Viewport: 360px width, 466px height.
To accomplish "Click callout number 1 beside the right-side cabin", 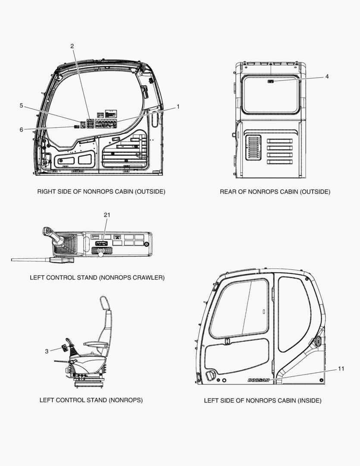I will pos(178,107).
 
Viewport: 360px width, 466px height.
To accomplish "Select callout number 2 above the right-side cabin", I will pos(72,46).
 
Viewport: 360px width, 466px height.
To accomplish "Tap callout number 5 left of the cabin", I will pos(21,105).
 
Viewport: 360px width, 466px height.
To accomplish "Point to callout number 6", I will pos(21,129).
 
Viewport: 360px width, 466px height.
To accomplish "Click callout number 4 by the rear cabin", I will pos(327,76).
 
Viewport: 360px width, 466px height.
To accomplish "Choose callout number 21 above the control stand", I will pos(107,215).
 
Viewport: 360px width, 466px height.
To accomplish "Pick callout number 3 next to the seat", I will pos(47,351).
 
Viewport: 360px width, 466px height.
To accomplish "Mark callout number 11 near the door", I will pos(341,368).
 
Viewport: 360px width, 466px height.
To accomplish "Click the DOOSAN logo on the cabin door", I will pos(258,380).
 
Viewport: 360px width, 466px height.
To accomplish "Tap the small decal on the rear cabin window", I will pos(271,81).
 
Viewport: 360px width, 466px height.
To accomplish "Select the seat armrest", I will pos(95,344).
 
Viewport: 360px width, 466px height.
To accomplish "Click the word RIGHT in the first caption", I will pos(47,191).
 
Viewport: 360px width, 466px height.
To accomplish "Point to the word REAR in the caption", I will pos(229,192).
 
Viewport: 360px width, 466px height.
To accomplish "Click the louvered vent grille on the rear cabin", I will pos(253,148).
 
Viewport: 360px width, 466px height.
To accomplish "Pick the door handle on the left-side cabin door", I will pos(211,375).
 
